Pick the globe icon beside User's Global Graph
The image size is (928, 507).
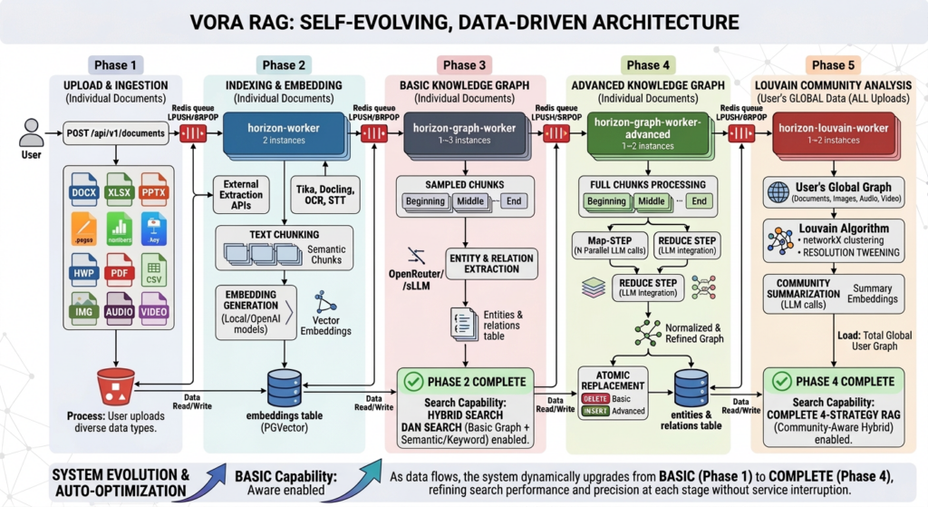tap(778, 191)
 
